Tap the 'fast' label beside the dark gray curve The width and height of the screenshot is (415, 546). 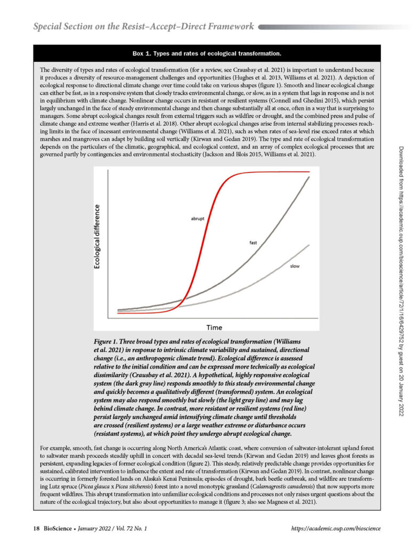254,243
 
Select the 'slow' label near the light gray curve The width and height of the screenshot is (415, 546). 294,265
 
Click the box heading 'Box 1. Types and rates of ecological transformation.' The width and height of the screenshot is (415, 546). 207,53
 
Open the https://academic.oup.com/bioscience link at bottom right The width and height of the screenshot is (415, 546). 337,528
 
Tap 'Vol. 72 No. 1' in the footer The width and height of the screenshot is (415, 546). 129,528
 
